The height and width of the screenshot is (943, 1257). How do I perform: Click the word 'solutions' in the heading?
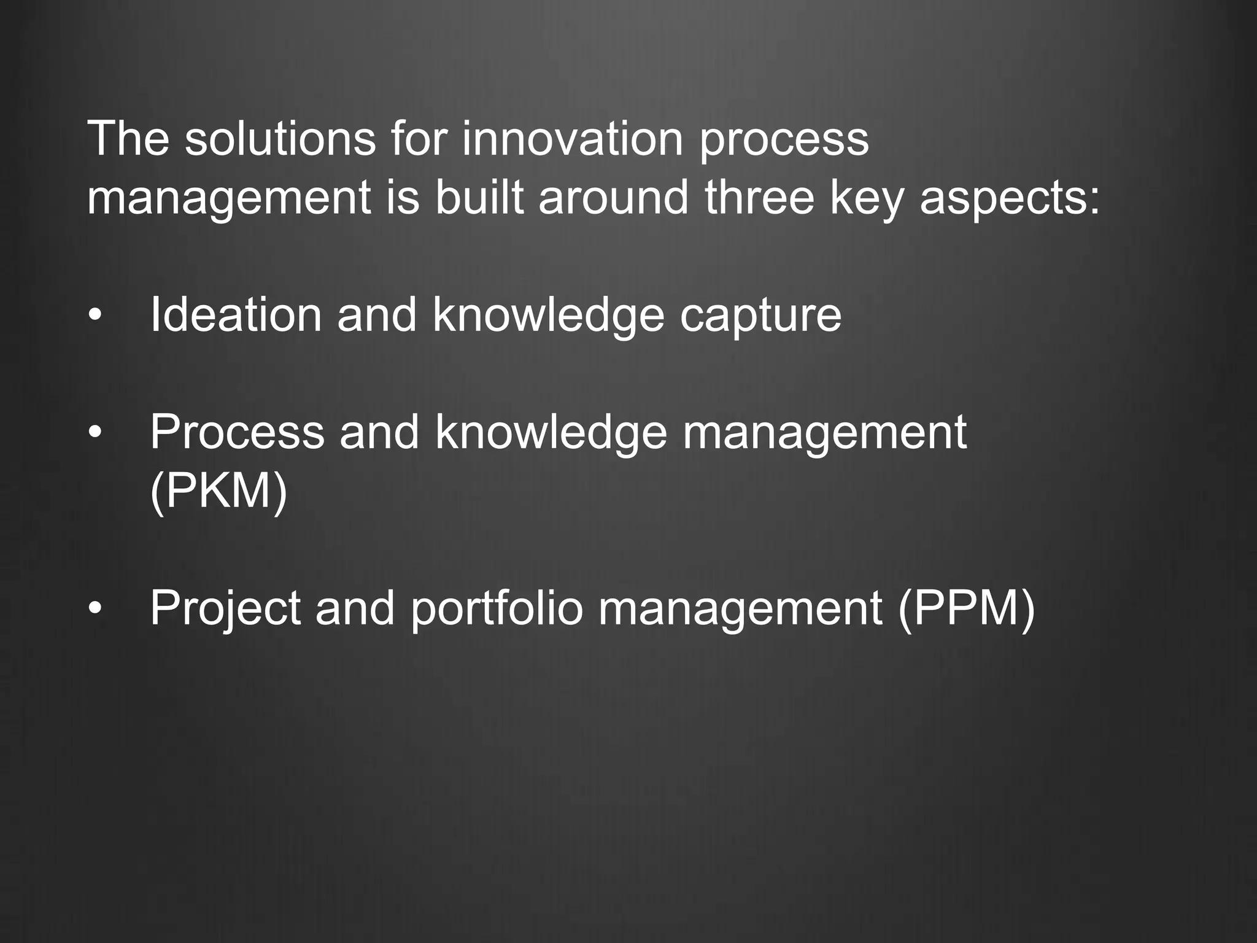[x=280, y=139]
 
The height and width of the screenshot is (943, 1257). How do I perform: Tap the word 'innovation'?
[x=572, y=139]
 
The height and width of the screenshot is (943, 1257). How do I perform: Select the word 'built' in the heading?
[x=479, y=198]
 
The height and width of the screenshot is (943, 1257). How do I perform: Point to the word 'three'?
[x=759, y=198]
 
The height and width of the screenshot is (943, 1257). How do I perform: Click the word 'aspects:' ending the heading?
[x=1010, y=199]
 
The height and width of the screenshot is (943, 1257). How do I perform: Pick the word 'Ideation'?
[x=236, y=314]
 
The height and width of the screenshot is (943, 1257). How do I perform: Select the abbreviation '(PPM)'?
[x=966, y=608]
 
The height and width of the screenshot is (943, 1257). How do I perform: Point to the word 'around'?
[x=613, y=198]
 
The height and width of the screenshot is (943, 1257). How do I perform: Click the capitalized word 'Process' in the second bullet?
[x=237, y=432]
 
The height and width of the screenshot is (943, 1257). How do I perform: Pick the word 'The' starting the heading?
[x=128, y=139]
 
